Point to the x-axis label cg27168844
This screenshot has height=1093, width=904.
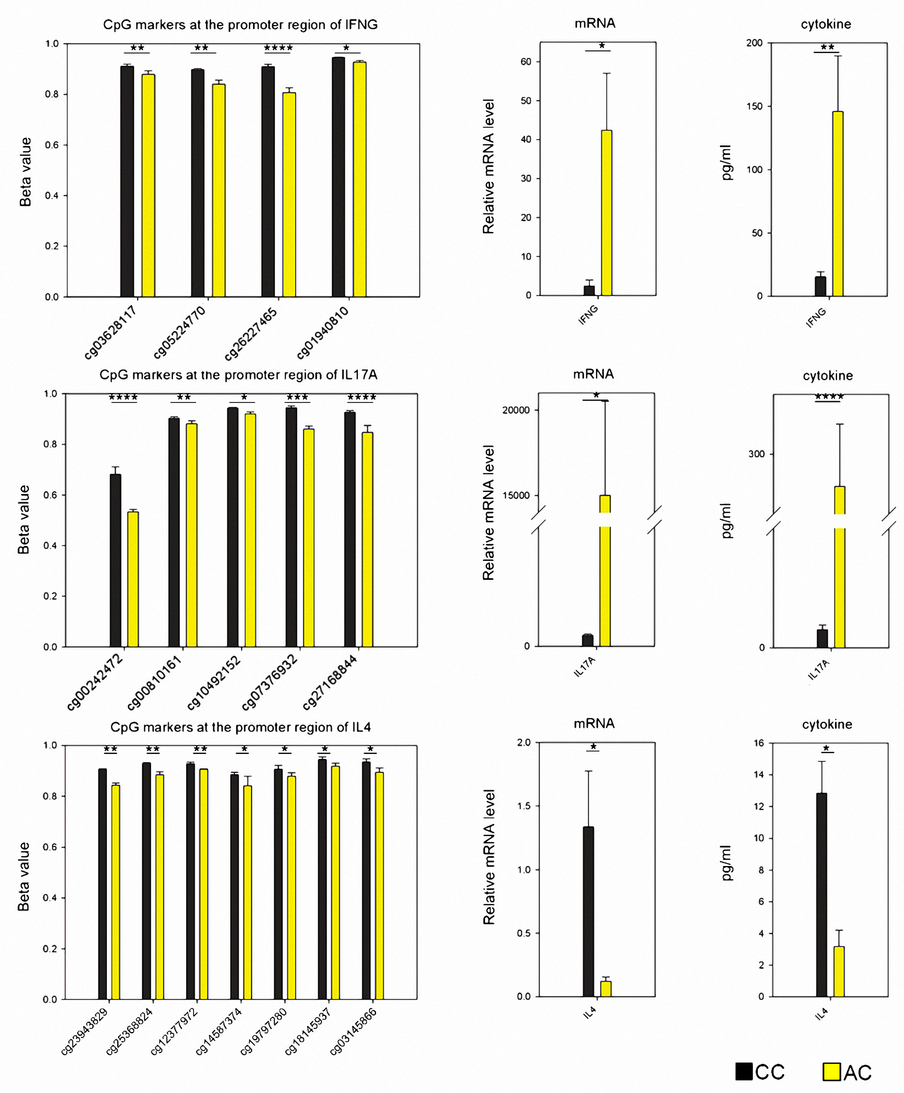(x=330, y=682)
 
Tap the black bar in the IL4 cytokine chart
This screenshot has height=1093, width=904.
(x=821, y=895)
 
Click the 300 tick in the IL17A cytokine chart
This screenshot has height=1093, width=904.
(x=756, y=454)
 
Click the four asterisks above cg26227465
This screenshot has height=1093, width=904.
(x=278, y=48)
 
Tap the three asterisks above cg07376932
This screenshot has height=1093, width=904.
(x=297, y=398)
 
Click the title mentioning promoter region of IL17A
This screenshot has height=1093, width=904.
(x=238, y=375)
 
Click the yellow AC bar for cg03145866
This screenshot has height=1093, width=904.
(x=379, y=885)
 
